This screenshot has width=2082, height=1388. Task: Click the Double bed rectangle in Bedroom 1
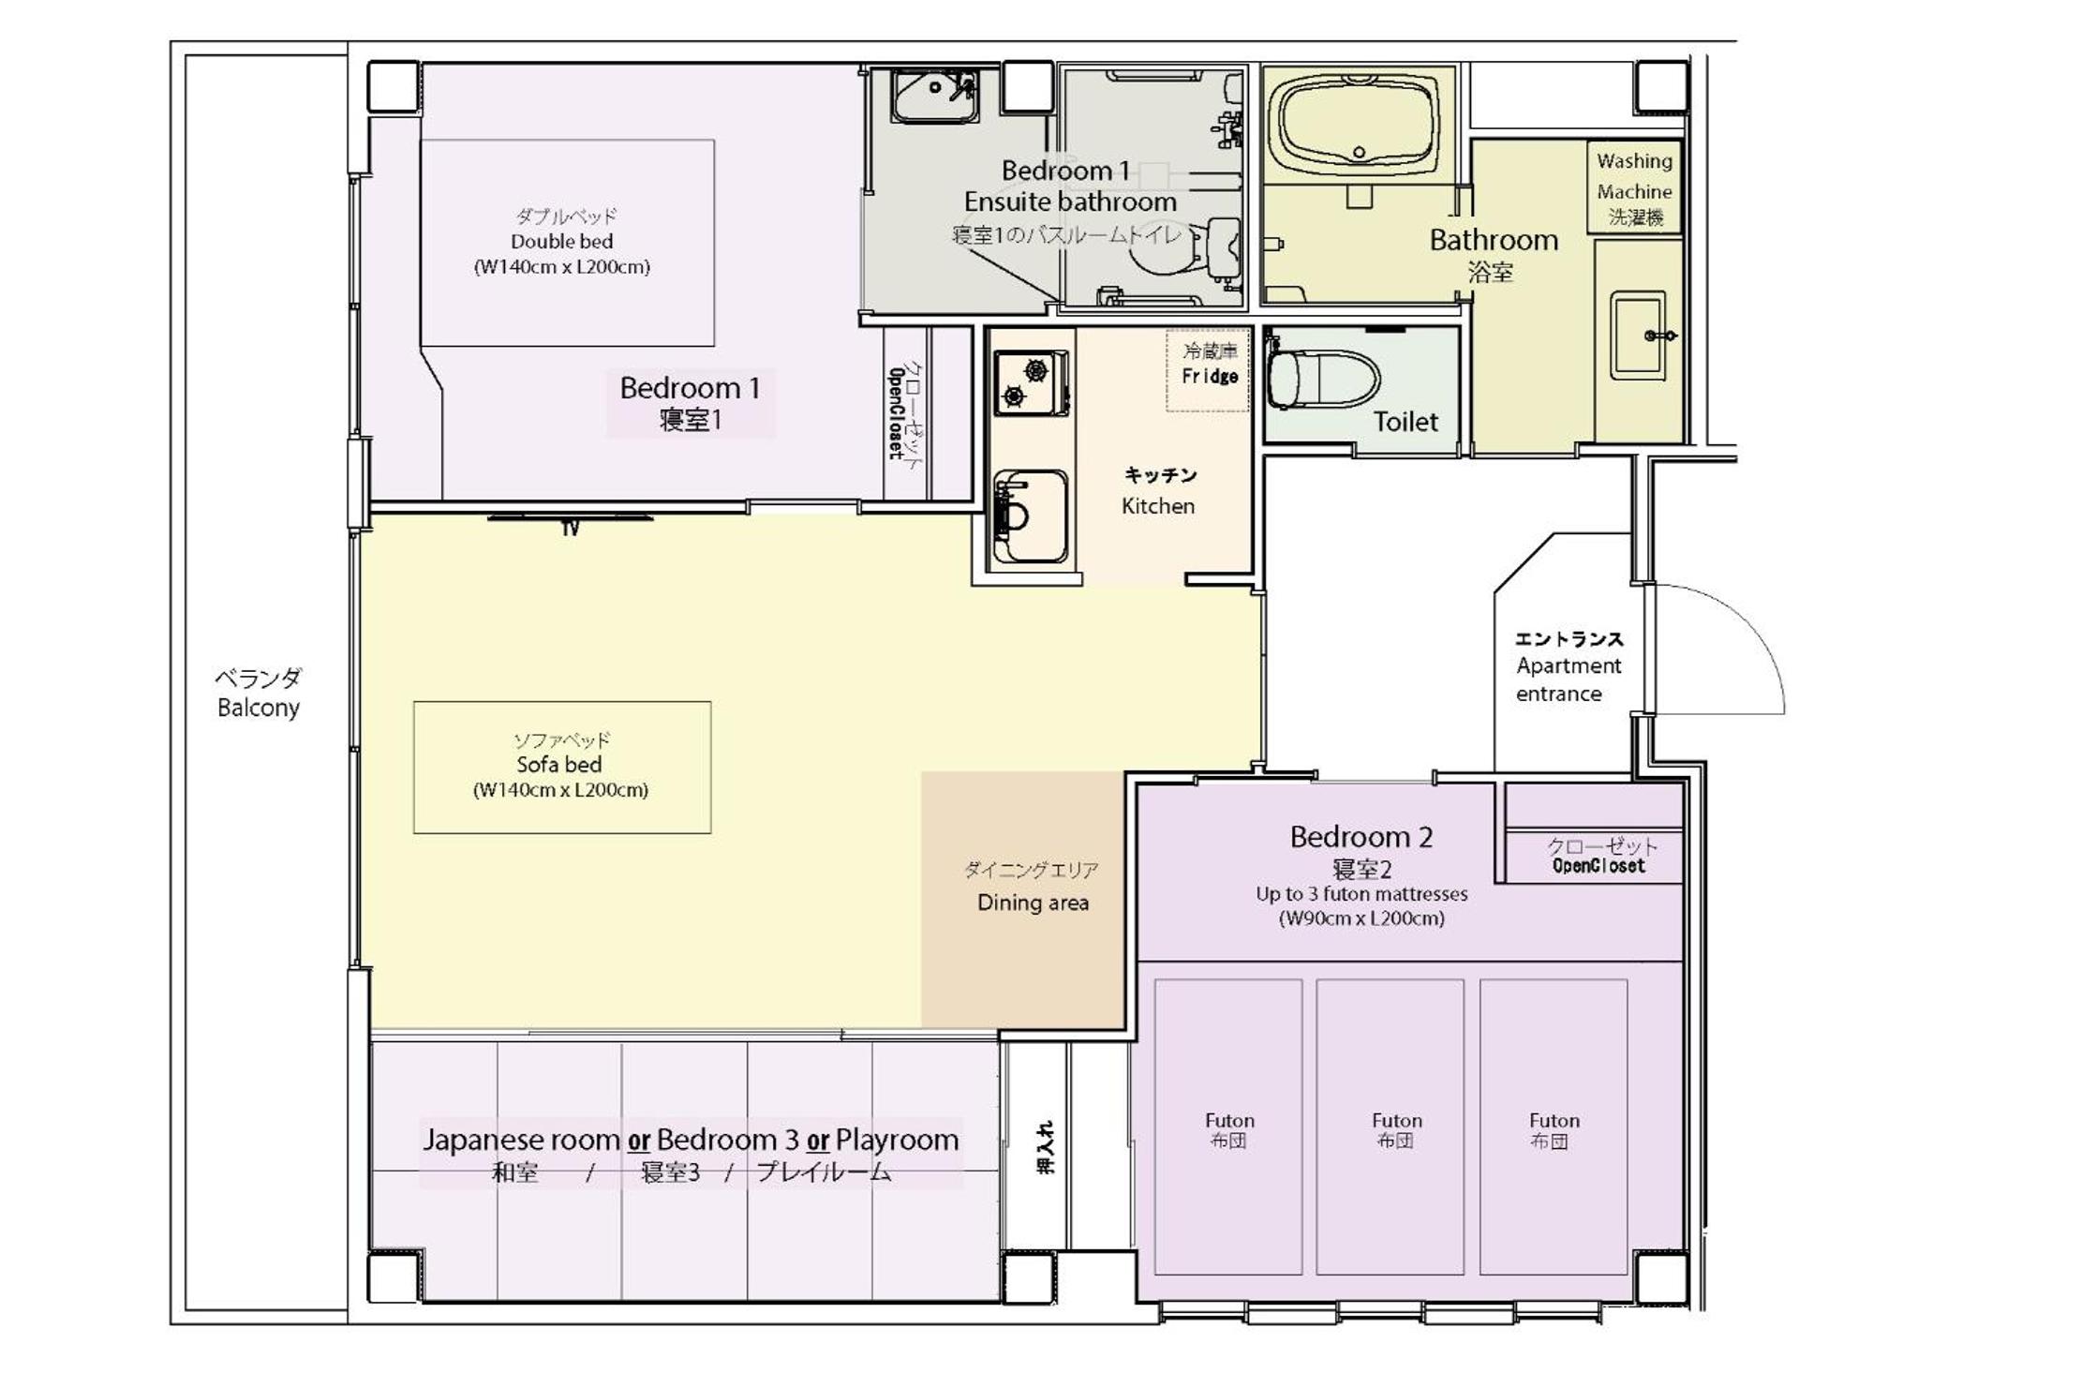(567, 243)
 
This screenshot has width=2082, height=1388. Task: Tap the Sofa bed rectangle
(562, 767)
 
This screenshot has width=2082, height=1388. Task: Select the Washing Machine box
(1634, 187)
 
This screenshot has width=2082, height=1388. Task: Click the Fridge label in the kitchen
(1210, 376)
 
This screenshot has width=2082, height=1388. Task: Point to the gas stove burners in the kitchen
(1031, 382)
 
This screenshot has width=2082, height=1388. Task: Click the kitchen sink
(1031, 515)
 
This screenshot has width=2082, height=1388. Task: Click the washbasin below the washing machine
(1640, 336)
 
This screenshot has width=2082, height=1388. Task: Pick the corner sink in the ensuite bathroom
(934, 96)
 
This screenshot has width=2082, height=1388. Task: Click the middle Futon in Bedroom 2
(1390, 1127)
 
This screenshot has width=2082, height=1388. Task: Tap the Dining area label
(1033, 903)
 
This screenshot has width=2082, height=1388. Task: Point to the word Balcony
(259, 708)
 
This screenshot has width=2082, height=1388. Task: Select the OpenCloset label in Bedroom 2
(1599, 866)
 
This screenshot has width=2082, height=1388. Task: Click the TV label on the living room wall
(571, 530)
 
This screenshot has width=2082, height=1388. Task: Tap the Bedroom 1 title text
(690, 388)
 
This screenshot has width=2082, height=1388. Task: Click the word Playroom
(898, 1140)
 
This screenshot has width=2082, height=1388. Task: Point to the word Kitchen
(1158, 506)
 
